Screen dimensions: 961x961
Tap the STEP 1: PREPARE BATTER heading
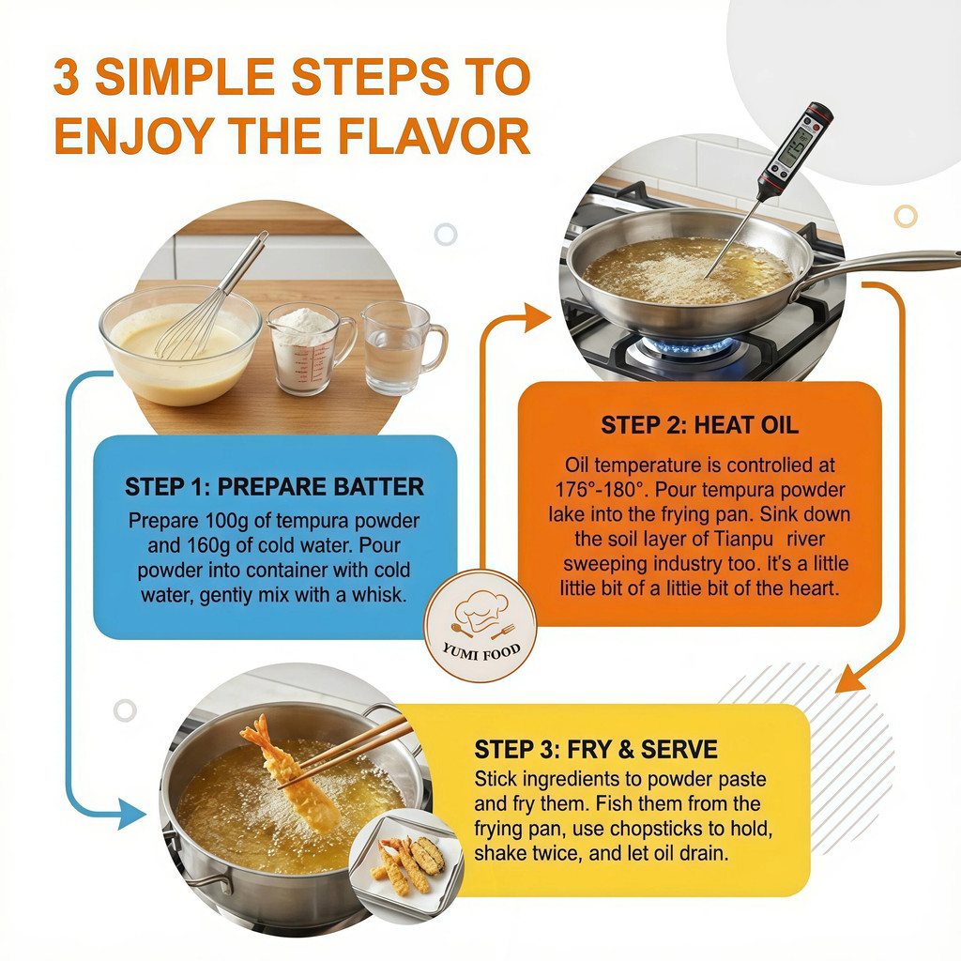(x=274, y=487)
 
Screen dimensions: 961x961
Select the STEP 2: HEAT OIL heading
(x=699, y=424)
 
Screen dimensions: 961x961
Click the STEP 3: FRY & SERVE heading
(x=595, y=749)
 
